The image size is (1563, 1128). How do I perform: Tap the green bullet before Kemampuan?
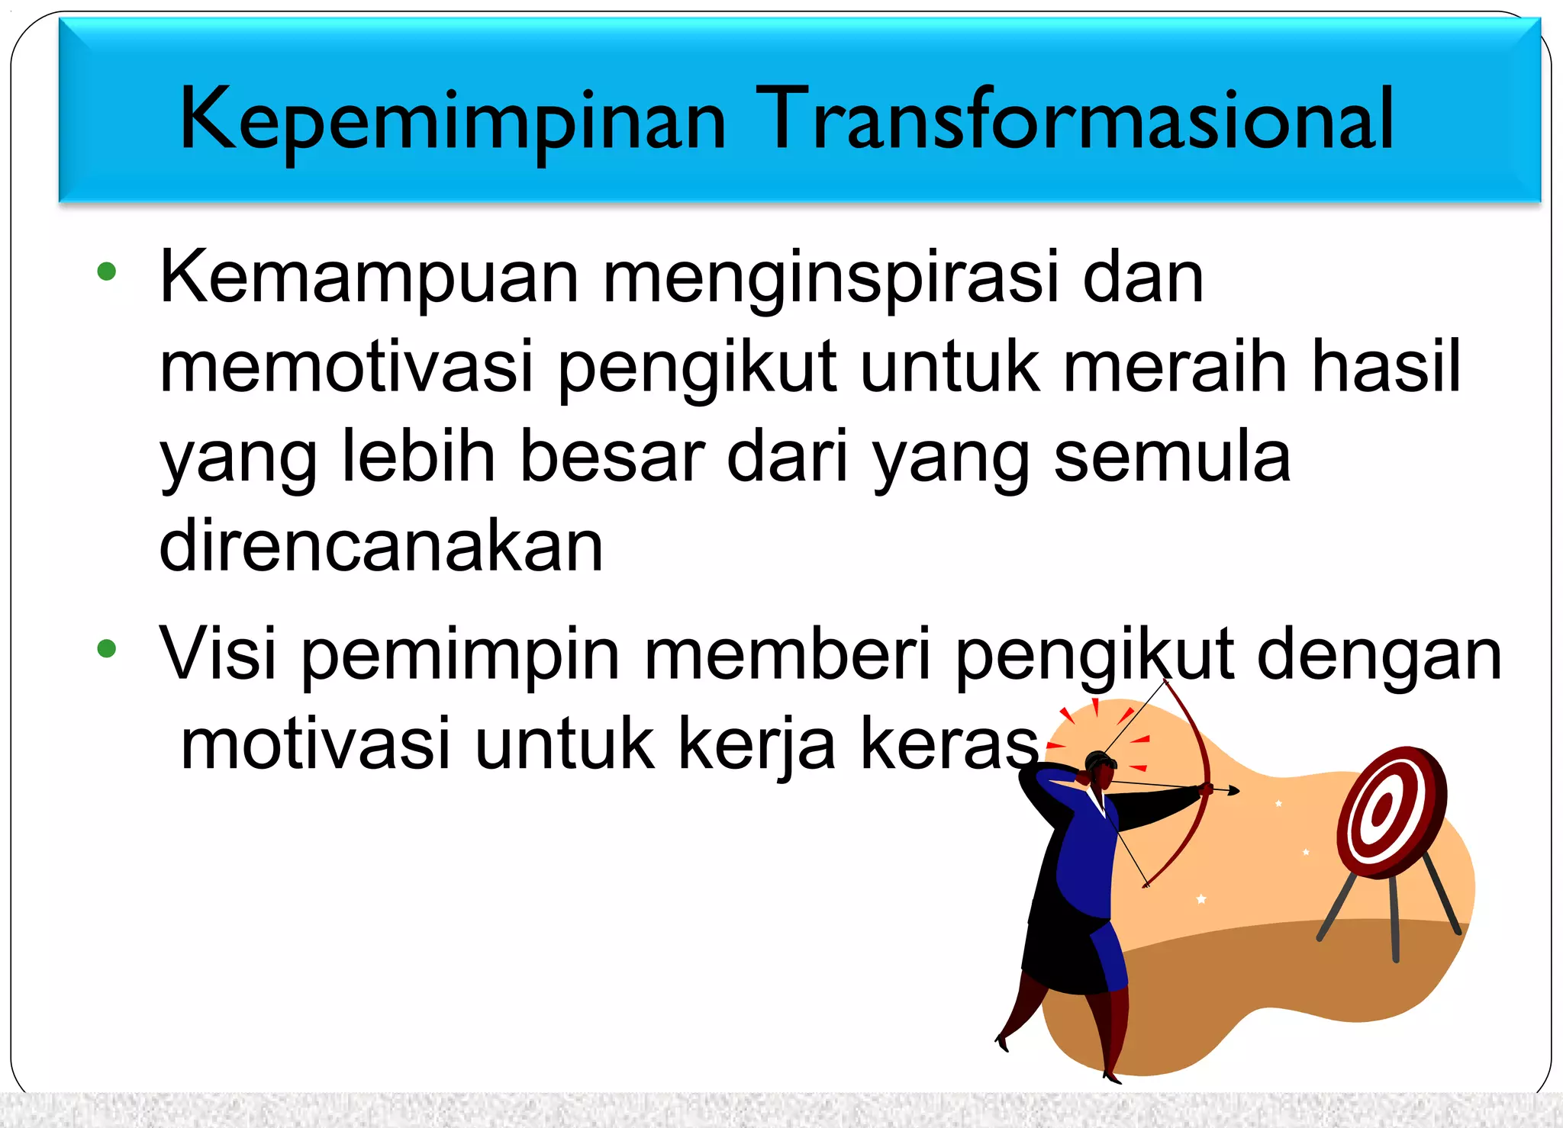coord(107,272)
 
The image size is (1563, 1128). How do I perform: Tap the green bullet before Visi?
coord(107,649)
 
